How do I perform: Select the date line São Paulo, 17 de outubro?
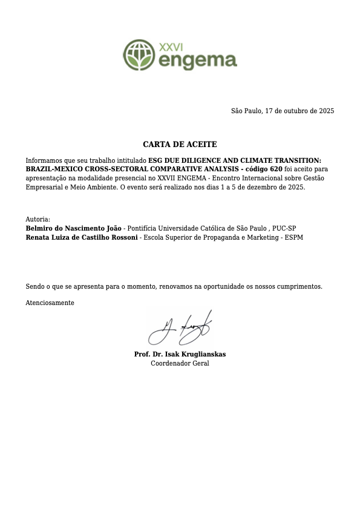coord(283,111)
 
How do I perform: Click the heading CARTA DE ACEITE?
coord(180,145)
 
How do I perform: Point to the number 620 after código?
coord(276,168)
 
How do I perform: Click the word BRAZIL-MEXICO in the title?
coord(50,168)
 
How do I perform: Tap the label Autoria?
coord(38,219)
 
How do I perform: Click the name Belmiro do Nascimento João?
coord(73,228)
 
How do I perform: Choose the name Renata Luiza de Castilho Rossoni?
coord(82,238)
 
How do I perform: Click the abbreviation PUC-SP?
coord(284,228)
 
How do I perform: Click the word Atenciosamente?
coord(50,303)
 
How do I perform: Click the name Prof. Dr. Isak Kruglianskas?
coord(180,354)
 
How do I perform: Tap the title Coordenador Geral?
coord(180,364)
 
